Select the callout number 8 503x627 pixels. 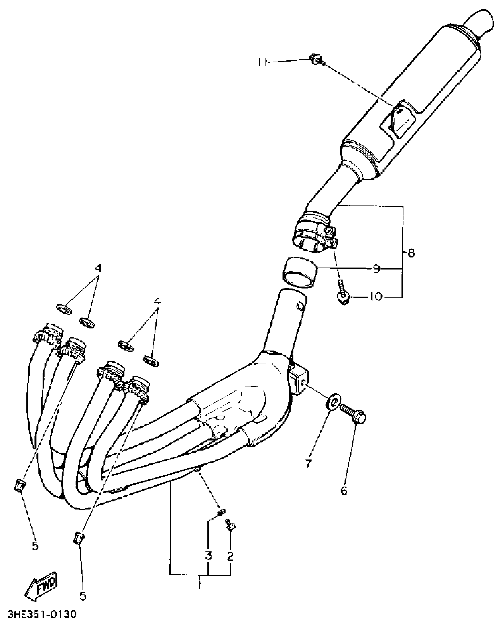pos(411,253)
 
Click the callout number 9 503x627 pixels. pos(376,269)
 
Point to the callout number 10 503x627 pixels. pos(376,296)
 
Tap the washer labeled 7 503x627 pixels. pos(333,403)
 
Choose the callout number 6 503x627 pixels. pos(344,491)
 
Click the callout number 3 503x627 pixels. pos(209,555)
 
